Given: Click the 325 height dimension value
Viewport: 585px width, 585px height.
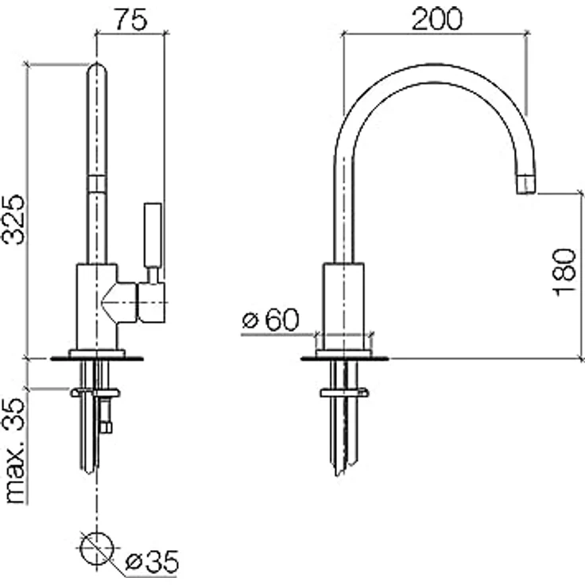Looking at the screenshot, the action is [13, 219].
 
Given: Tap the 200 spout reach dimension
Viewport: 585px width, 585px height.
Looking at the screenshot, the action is [437, 18].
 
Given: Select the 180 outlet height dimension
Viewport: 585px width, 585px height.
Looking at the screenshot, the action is [564, 271].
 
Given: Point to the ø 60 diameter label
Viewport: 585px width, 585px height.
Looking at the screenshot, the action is [270, 320].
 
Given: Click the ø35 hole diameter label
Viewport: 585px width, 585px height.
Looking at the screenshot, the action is [152, 561].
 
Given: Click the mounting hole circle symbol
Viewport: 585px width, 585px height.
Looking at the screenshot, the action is [97, 548].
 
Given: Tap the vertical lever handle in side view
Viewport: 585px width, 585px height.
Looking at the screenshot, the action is [153, 235].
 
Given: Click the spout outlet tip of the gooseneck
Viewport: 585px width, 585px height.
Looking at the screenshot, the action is [526, 184].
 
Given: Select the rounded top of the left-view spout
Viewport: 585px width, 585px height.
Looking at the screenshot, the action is [97, 70].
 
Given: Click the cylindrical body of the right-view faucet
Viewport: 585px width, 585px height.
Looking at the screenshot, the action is [343, 307].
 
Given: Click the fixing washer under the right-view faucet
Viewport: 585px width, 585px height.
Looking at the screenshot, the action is [345, 393].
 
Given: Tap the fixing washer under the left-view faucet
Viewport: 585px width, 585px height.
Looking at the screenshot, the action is [95, 393].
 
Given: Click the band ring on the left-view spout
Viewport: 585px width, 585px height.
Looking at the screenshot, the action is [97, 184].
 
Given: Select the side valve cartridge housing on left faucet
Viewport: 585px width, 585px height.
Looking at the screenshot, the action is [152, 302].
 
